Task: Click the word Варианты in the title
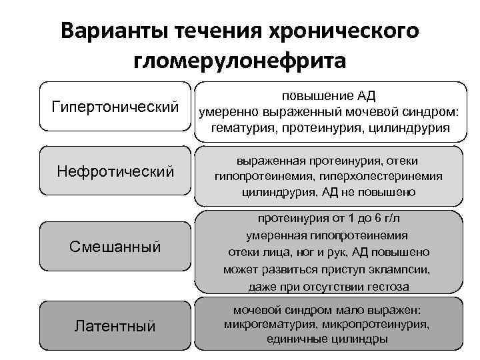[x=115, y=31]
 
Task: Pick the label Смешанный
[x=115, y=247]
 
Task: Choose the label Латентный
[x=115, y=326]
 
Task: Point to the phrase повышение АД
[x=329, y=95]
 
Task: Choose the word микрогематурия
[x=268, y=325]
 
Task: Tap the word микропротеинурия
[x=375, y=325]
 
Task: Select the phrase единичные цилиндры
[x=328, y=339]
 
